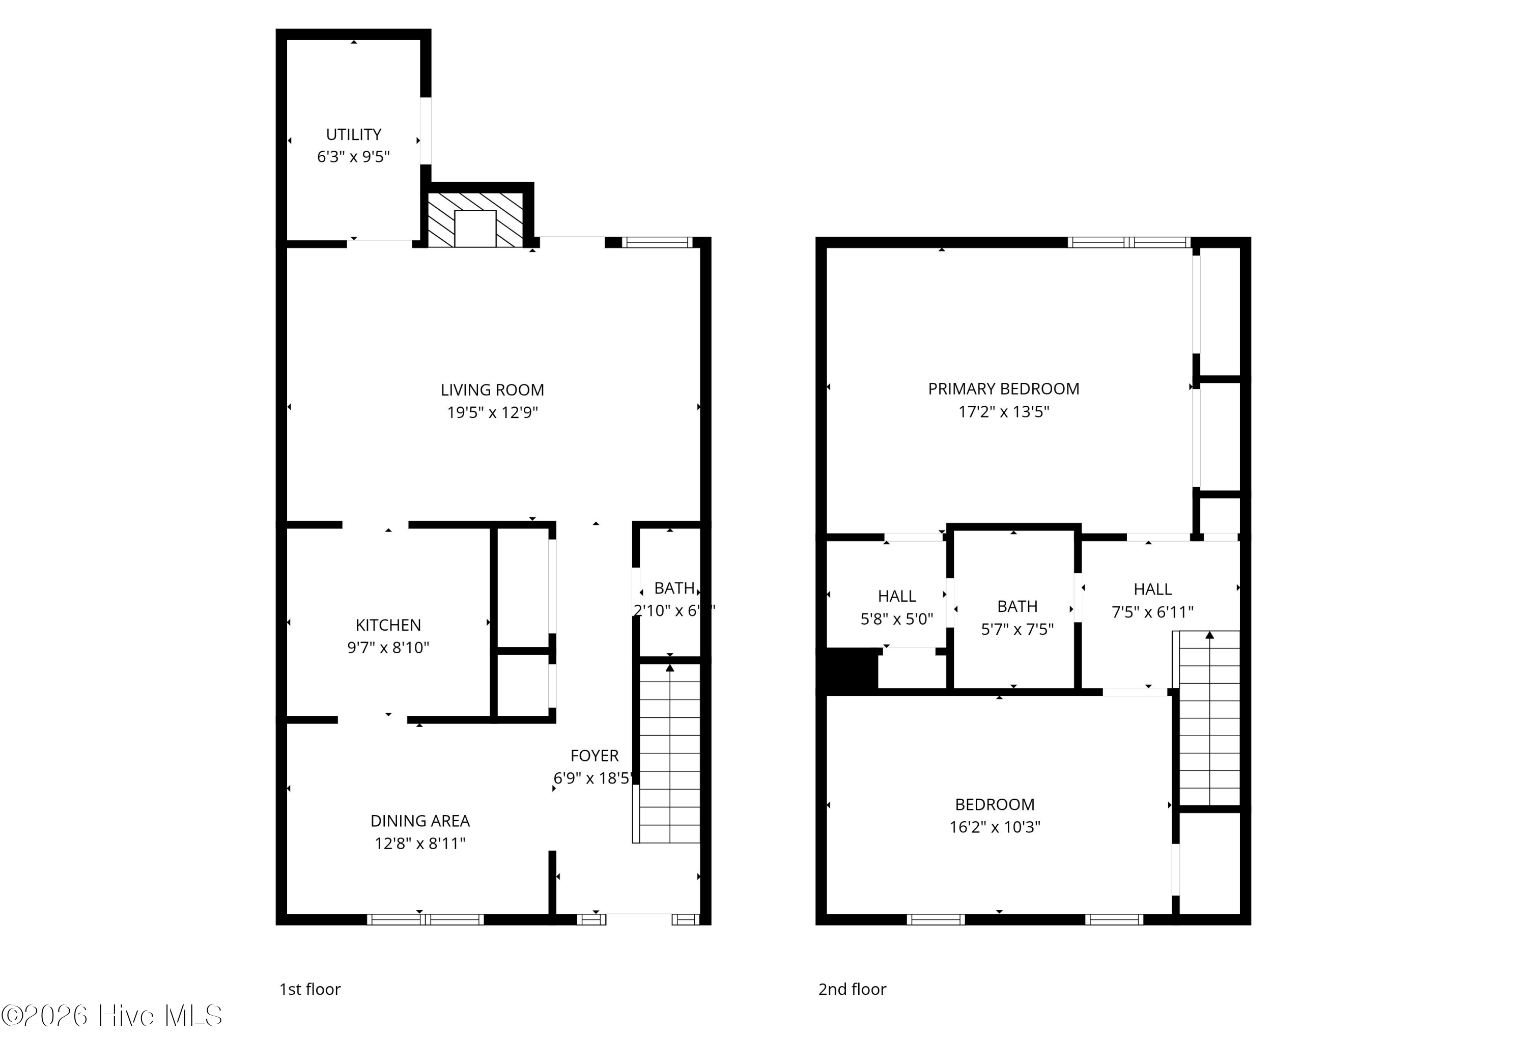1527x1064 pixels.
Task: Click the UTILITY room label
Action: coord(353,134)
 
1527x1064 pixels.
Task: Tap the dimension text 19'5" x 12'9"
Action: coord(492,412)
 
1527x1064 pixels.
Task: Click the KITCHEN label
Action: coord(388,625)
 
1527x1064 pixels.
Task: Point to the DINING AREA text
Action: coord(419,821)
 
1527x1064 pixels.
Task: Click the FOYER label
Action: coord(594,755)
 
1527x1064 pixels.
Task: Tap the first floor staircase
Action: coord(668,751)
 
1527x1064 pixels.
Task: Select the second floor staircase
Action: coord(1208,718)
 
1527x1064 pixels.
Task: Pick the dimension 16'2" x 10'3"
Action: coord(994,827)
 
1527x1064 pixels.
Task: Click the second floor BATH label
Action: coord(1017,606)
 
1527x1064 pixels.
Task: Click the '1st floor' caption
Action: coord(310,989)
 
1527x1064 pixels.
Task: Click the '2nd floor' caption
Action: coord(852,989)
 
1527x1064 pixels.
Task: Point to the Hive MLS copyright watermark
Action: coord(112,1016)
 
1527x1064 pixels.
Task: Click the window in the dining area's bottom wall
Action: coord(425,920)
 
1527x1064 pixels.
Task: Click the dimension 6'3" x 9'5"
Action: coord(353,157)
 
